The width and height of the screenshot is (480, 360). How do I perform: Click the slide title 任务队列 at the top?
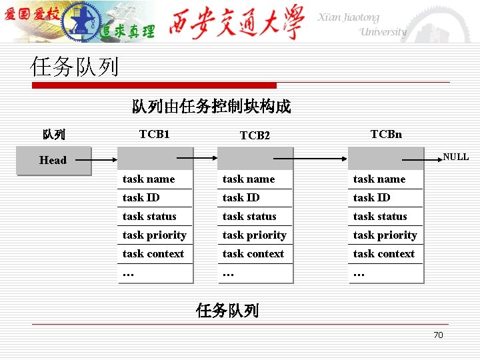point(74,67)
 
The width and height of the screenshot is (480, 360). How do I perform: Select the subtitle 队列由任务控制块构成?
point(211,107)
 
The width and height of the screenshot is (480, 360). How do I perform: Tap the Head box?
point(53,160)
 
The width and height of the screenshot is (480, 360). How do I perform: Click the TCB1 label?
point(155,134)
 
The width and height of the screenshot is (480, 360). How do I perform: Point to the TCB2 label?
point(255,135)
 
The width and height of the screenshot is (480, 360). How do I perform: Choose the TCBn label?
point(386,134)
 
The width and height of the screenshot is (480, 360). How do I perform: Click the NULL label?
point(456,157)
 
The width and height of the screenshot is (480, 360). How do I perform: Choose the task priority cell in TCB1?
point(155,235)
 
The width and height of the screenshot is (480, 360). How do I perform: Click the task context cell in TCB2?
point(253,253)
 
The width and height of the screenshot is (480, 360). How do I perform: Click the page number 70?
point(438,335)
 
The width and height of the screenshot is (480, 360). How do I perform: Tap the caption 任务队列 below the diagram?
point(227,310)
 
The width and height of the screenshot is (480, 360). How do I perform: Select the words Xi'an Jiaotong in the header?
point(348,18)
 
